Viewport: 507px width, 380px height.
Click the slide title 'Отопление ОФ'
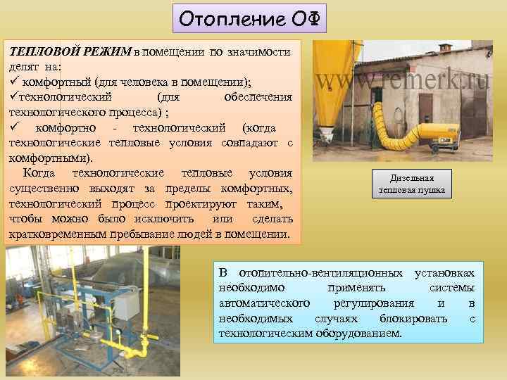coord(250,20)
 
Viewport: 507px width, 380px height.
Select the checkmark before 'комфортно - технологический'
coord(13,127)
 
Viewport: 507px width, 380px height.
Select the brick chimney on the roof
coord(445,48)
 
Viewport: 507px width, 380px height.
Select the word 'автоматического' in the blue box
coord(264,303)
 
